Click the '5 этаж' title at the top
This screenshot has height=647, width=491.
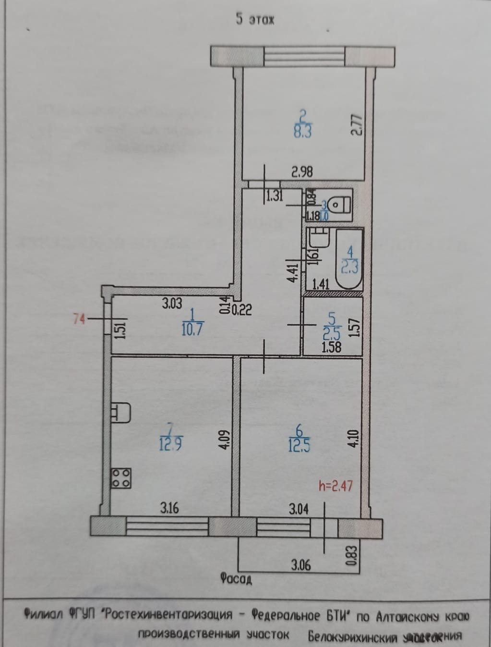[255, 20]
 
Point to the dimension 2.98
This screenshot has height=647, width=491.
[302, 171]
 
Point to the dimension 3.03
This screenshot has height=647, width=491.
[172, 304]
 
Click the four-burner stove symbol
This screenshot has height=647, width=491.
[121, 478]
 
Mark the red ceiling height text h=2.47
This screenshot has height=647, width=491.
[335, 486]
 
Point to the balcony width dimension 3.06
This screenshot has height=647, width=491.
[300, 565]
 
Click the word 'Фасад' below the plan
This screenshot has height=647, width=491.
[236, 579]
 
